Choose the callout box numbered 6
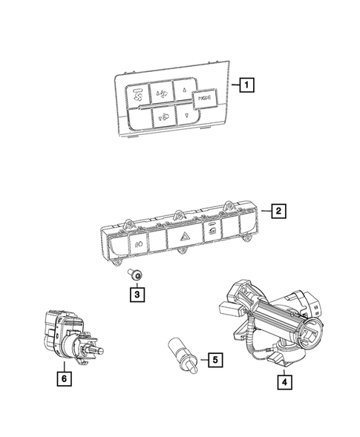[x=65, y=378]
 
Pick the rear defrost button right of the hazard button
[x=213, y=231]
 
